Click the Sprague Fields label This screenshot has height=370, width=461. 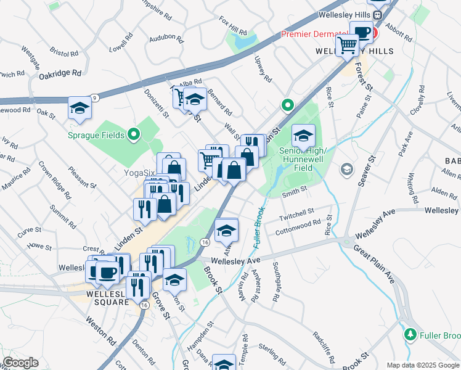(x=98, y=134)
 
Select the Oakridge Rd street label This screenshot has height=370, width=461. (x=60, y=73)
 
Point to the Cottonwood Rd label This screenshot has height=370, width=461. (x=298, y=226)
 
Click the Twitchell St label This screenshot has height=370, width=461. (x=296, y=213)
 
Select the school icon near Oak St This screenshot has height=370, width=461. (x=80, y=109)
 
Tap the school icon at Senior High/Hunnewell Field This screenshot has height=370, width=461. (x=303, y=136)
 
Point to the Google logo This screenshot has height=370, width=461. (x=20, y=363)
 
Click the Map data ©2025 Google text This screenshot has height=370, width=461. (x=423, y=365)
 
